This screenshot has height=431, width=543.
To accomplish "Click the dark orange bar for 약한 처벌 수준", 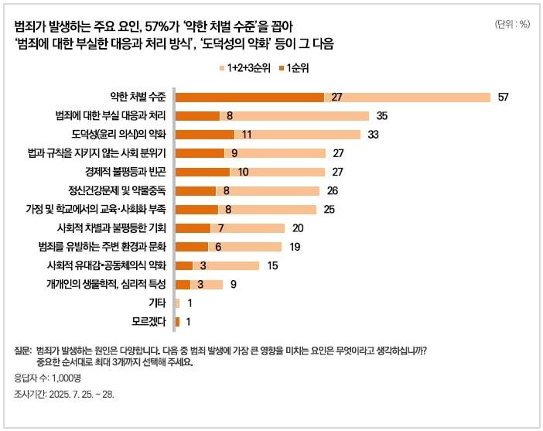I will click(x=249, y=97).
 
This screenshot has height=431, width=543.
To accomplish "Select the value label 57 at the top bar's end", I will click(x=503, y=97).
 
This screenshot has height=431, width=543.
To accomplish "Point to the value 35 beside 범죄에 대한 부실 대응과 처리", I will click(x=381, y=116).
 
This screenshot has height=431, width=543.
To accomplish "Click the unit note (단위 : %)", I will click(x=511, y=24).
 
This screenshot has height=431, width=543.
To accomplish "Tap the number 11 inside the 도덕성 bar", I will click(x=247, y=135).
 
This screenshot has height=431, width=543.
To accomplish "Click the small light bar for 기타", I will click(x=178, y=303).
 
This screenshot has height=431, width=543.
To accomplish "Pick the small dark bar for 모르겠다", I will click(x=178, y=322).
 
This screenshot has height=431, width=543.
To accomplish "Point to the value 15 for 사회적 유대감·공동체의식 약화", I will click(x=272, y=265).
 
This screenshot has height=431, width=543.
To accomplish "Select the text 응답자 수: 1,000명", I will click(x=48, y=378).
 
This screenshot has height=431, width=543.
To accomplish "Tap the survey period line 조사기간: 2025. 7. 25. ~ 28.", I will click(x=69, y=395).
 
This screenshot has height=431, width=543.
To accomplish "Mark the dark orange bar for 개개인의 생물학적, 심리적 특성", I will click(x=183, y=284).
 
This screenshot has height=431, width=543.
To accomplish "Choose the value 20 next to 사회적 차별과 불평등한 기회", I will click(x=299, y=228).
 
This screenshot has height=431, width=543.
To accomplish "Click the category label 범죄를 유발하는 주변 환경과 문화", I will click(x=113, y=247).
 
